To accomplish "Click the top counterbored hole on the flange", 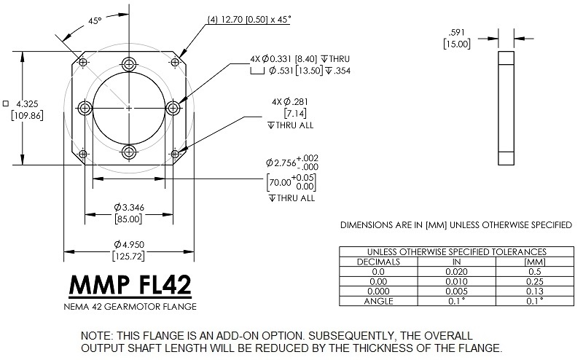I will [129, 64].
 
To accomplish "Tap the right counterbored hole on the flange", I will [173, 108].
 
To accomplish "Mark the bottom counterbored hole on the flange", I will [129, 152].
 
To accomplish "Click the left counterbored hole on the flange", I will [85, 109].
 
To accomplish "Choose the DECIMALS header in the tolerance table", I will [378, 260].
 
